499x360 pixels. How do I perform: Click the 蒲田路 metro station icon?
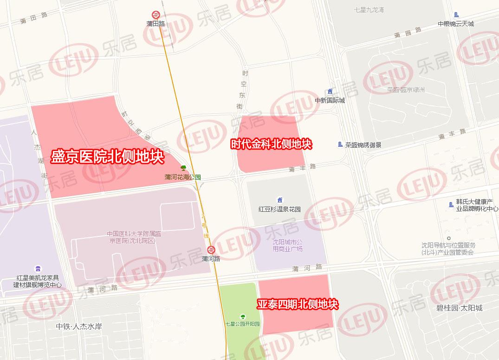coord(156,15)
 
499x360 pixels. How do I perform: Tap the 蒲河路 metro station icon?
coord(211,250)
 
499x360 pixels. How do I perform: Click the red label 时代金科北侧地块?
coord(272,144)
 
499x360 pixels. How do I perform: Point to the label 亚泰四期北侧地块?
coord(298,305)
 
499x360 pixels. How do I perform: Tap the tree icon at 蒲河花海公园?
coord(183,168)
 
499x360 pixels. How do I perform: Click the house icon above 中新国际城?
coord(330,92)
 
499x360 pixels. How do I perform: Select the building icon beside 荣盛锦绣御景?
coord(340,144)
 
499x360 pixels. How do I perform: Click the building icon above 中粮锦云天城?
coord(456,15)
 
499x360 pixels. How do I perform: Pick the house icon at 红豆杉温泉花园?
coord(279,200)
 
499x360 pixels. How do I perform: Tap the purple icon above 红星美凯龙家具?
coord(38,268)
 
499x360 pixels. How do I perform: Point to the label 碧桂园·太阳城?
coord(459,308)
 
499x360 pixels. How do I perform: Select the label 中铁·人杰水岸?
coord(78,327)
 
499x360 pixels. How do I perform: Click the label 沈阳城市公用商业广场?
coord(287,246)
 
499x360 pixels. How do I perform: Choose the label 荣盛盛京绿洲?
coord(406,90)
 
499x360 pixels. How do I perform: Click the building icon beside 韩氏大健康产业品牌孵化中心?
coord(451,204)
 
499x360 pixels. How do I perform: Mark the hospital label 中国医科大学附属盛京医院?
coord(128,237)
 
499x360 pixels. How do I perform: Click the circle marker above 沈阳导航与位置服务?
coord(448,238)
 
